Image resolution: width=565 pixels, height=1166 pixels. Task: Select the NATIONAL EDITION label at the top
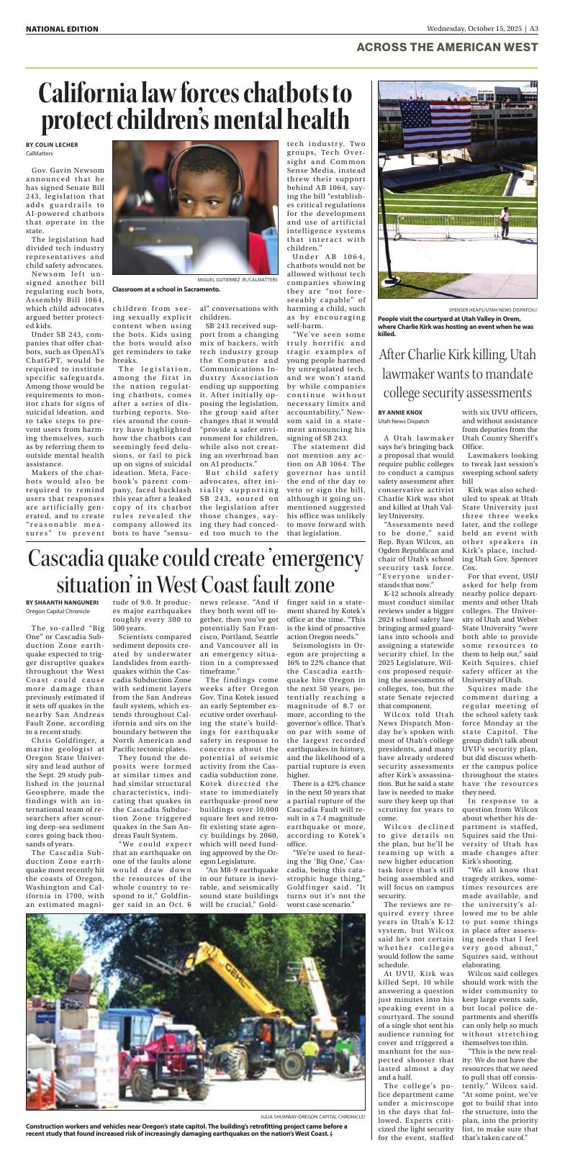[x=62, y=29]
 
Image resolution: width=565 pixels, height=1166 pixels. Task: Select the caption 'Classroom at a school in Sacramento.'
[x=166, y=289]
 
